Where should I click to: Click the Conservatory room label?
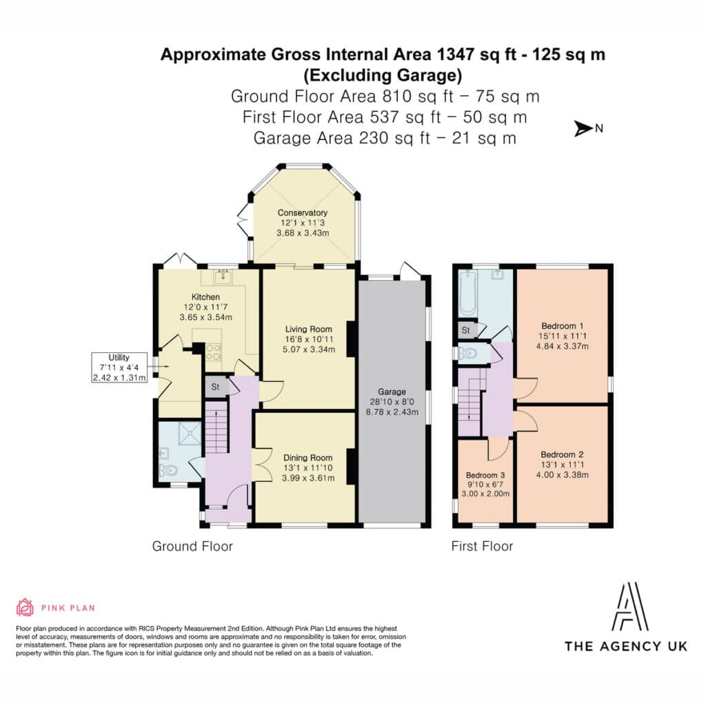tap(303, 212)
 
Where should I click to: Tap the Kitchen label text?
tap(205, 297)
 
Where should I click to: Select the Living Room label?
tap(308, 329)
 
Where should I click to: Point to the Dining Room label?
tap(308, 458)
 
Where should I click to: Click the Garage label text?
tap(392, 392)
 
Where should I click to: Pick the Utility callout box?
tap(119, 367)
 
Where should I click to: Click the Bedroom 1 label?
tap(563, 326)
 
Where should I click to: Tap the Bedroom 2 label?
tap(563, 455)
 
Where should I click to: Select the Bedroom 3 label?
tap(485, 475)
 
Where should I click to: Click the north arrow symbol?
tap(583, 129)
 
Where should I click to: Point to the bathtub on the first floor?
tap(468, 293)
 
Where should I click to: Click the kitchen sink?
tap(223, 277)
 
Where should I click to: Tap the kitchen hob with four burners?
tap(214, 351)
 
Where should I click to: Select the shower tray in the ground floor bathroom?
tap(190, 433)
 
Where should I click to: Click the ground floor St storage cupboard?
tap(215, 387)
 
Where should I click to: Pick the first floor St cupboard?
tap(466, 330)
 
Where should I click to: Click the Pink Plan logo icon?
tap(25, 607)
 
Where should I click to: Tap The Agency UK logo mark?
tap(630, 606)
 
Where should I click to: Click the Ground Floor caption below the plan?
tap(193, 546)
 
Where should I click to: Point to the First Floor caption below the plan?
tap(482, 546)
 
